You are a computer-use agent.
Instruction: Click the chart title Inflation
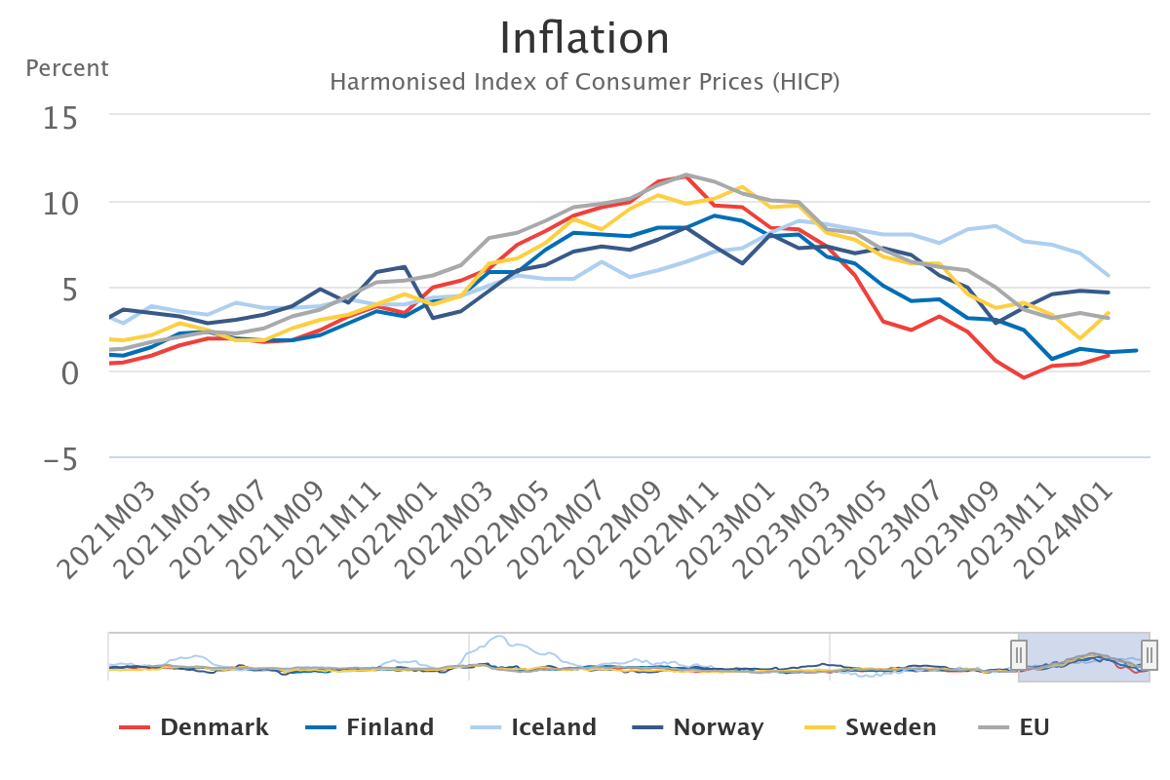pyautogui.click(x=584, y=39)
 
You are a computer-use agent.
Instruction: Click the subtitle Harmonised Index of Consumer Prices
pyautogui.click(x=584, y=82)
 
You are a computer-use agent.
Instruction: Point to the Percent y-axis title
pyautogui.click(x=67, y=68)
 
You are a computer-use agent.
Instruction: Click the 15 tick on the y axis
pyautogui.click(x=60, y=117)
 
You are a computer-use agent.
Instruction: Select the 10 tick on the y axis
pyautogui.click(x=60, y=203)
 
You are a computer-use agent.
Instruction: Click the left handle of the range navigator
pyautogui.click(x=1019, y=654)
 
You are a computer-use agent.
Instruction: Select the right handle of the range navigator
pyautogui.click(x=1150, y=654)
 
